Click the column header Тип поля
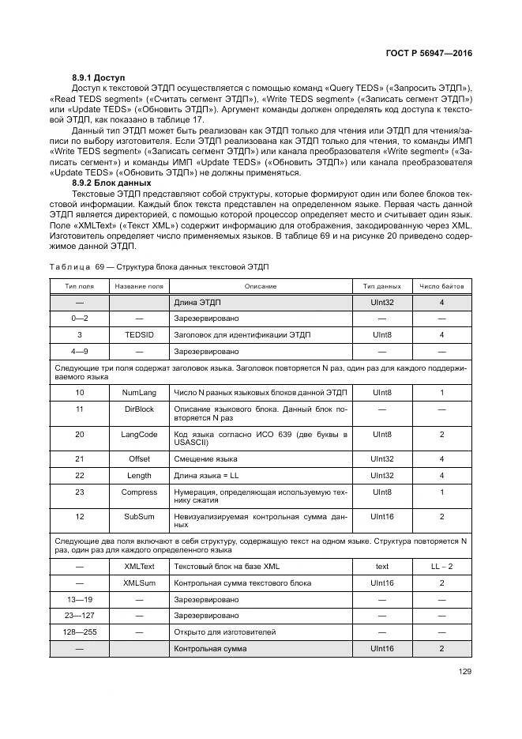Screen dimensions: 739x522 [80, 285]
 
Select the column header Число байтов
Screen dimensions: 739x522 [441, 285]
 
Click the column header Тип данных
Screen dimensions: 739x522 [382, 285]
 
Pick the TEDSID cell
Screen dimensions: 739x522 [139, 334]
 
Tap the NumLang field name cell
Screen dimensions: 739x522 [139, 392]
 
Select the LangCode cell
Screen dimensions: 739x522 [139, 434]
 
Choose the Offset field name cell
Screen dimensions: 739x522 [139, 458]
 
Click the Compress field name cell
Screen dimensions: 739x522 [139, 492]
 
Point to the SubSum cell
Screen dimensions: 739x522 [139, 516]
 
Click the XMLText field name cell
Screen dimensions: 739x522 [139, 567]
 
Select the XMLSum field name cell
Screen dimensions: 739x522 [139, 583]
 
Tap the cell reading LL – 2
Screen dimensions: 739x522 [441, 567]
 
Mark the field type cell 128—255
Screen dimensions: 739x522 [80, 632]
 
